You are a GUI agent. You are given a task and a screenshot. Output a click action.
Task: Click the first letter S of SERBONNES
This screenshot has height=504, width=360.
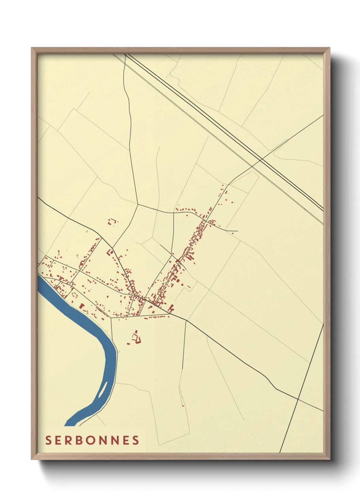coord(48,440)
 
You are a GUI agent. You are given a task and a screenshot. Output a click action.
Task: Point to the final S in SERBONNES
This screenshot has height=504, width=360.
coord(136,440)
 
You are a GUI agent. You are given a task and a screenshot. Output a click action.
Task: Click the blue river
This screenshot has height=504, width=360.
coord(85,320)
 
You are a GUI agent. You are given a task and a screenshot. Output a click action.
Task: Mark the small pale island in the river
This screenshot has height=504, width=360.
coord(102,392)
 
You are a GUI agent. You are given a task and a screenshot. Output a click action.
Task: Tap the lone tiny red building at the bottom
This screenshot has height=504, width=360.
coord(183,405)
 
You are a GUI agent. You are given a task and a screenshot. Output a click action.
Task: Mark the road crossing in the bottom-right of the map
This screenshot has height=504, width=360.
coord(298,398)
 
